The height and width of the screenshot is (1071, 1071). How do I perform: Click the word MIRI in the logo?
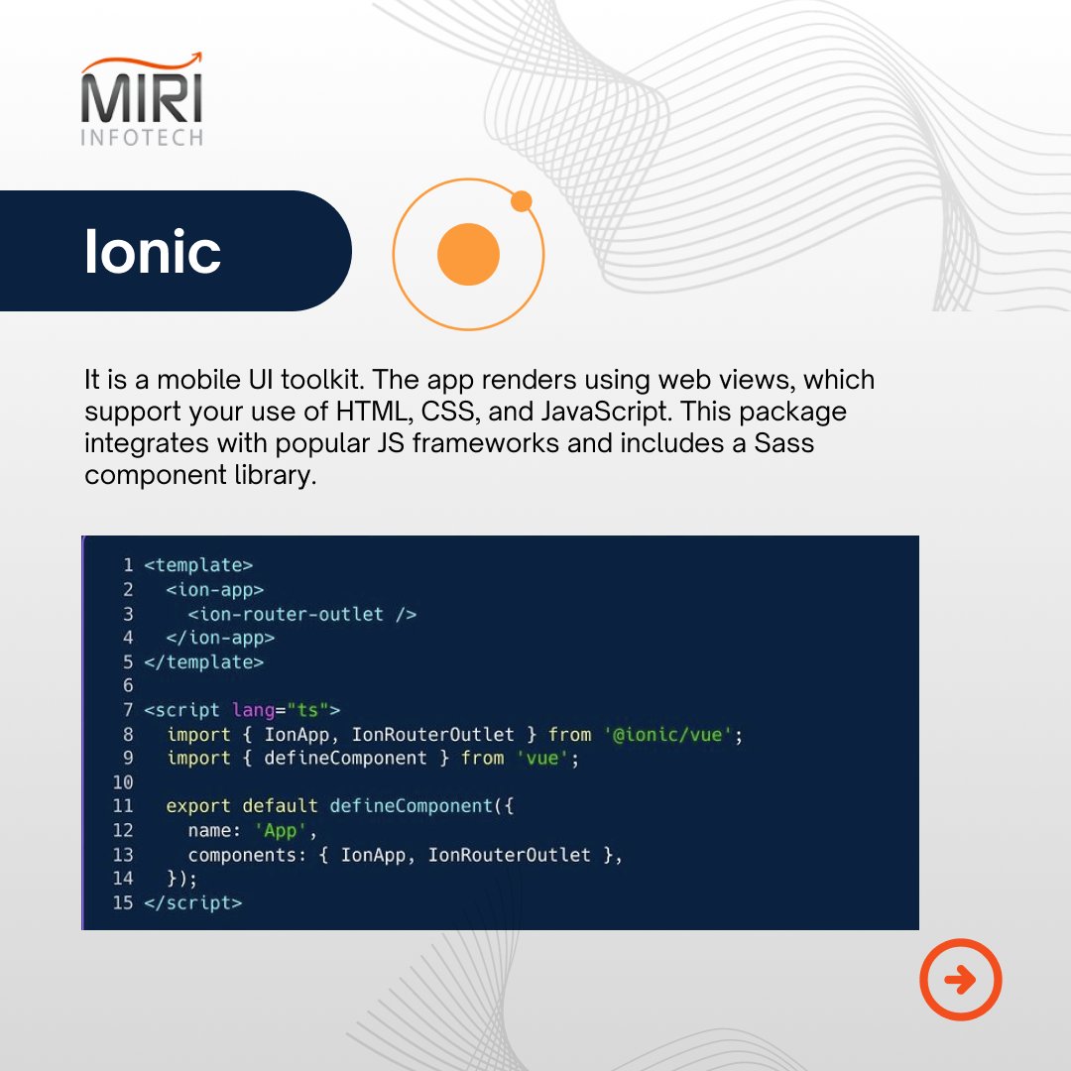point(141,98)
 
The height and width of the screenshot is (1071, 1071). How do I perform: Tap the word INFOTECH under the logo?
point(141,137)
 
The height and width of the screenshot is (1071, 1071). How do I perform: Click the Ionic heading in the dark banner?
point(153,252)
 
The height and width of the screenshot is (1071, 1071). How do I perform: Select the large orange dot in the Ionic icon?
point(468,255)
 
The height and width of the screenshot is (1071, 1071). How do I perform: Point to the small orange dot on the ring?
point(522,201)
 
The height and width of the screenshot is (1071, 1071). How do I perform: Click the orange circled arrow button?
point(960,980)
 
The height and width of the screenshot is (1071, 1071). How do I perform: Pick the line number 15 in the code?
point(123,902)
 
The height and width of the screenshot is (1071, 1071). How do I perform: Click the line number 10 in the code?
point(123,782)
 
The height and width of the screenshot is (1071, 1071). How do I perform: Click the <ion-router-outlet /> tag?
point(301,614)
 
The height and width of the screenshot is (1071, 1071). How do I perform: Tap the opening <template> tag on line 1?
point(198,565)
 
